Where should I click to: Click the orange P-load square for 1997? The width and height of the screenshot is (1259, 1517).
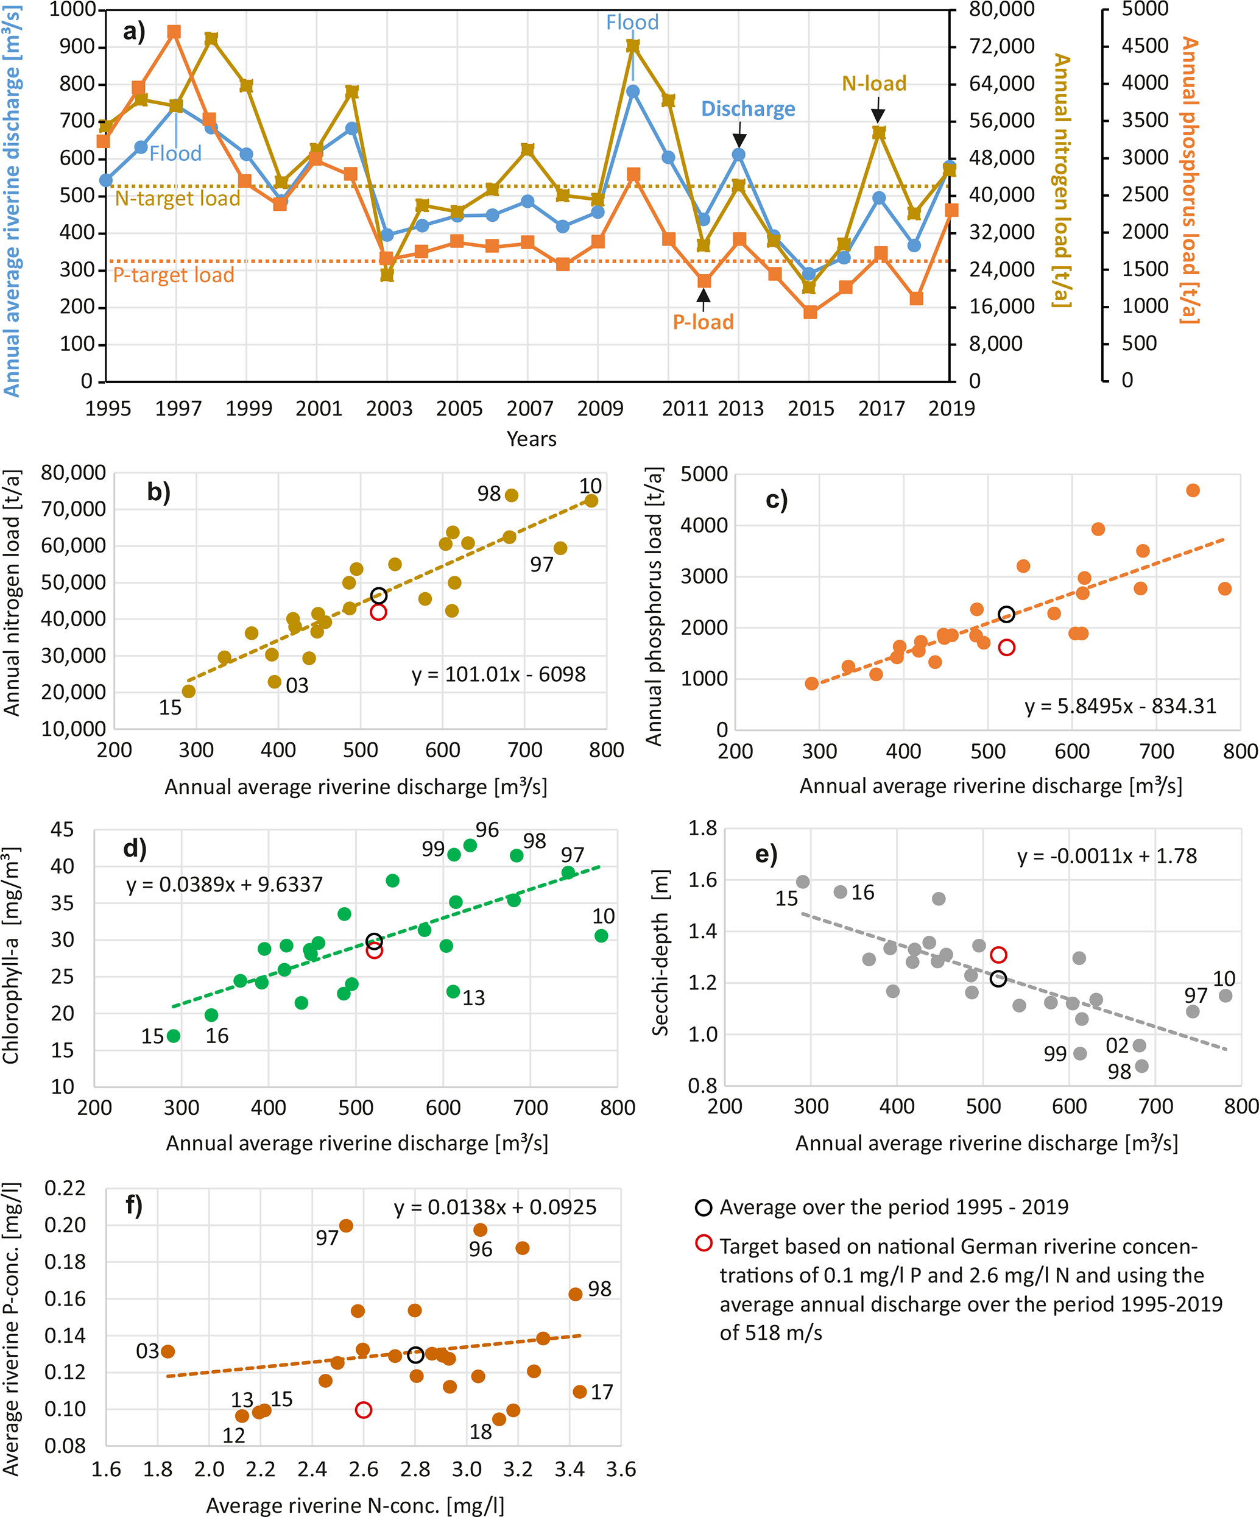(x=174, y=32)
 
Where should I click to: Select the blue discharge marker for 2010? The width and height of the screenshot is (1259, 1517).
(x=633, y=91)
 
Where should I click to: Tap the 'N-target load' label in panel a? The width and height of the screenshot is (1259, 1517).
(x=178, y=199)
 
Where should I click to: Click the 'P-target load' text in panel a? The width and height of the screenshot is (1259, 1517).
(x=174, y=275)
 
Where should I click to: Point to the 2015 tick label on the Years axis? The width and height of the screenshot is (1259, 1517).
(x=811, y=409)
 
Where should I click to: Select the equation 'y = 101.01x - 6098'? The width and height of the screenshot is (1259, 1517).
(x=498, y=674)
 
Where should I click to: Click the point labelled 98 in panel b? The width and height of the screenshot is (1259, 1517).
(x=512, y=495)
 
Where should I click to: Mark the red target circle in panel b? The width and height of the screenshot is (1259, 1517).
(x=378, y=612)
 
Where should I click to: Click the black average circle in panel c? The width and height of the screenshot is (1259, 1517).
(x=1006, y=615)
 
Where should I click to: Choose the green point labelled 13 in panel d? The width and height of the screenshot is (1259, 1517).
(x=453, y=992)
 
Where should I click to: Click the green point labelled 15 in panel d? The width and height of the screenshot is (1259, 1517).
(x=174, y=1036)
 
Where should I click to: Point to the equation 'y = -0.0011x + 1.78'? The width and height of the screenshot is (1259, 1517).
(x=1107, y=856)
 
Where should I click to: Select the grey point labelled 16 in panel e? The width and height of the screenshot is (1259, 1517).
(x=840, y=892)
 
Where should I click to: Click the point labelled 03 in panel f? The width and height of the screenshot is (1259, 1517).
(x=168, y=1351)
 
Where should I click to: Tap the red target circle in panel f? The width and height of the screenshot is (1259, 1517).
(x=364, y=1410)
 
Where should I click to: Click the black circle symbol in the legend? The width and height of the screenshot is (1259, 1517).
(x=703, y=1208)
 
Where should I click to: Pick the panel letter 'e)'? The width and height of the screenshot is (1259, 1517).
(x=766, y=855)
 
